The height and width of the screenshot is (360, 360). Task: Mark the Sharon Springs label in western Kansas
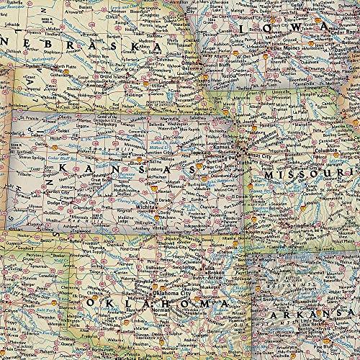[x=26, y=154]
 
